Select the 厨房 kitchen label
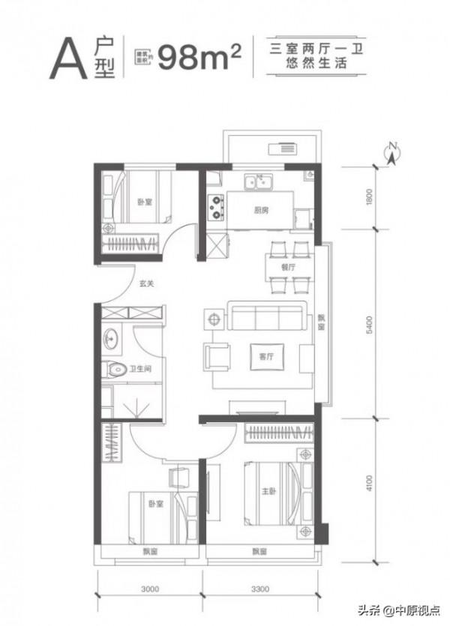click(261, 211)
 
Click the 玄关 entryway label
click(146, 284)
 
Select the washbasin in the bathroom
click(114, 338)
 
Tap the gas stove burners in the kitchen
click(217, 206)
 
